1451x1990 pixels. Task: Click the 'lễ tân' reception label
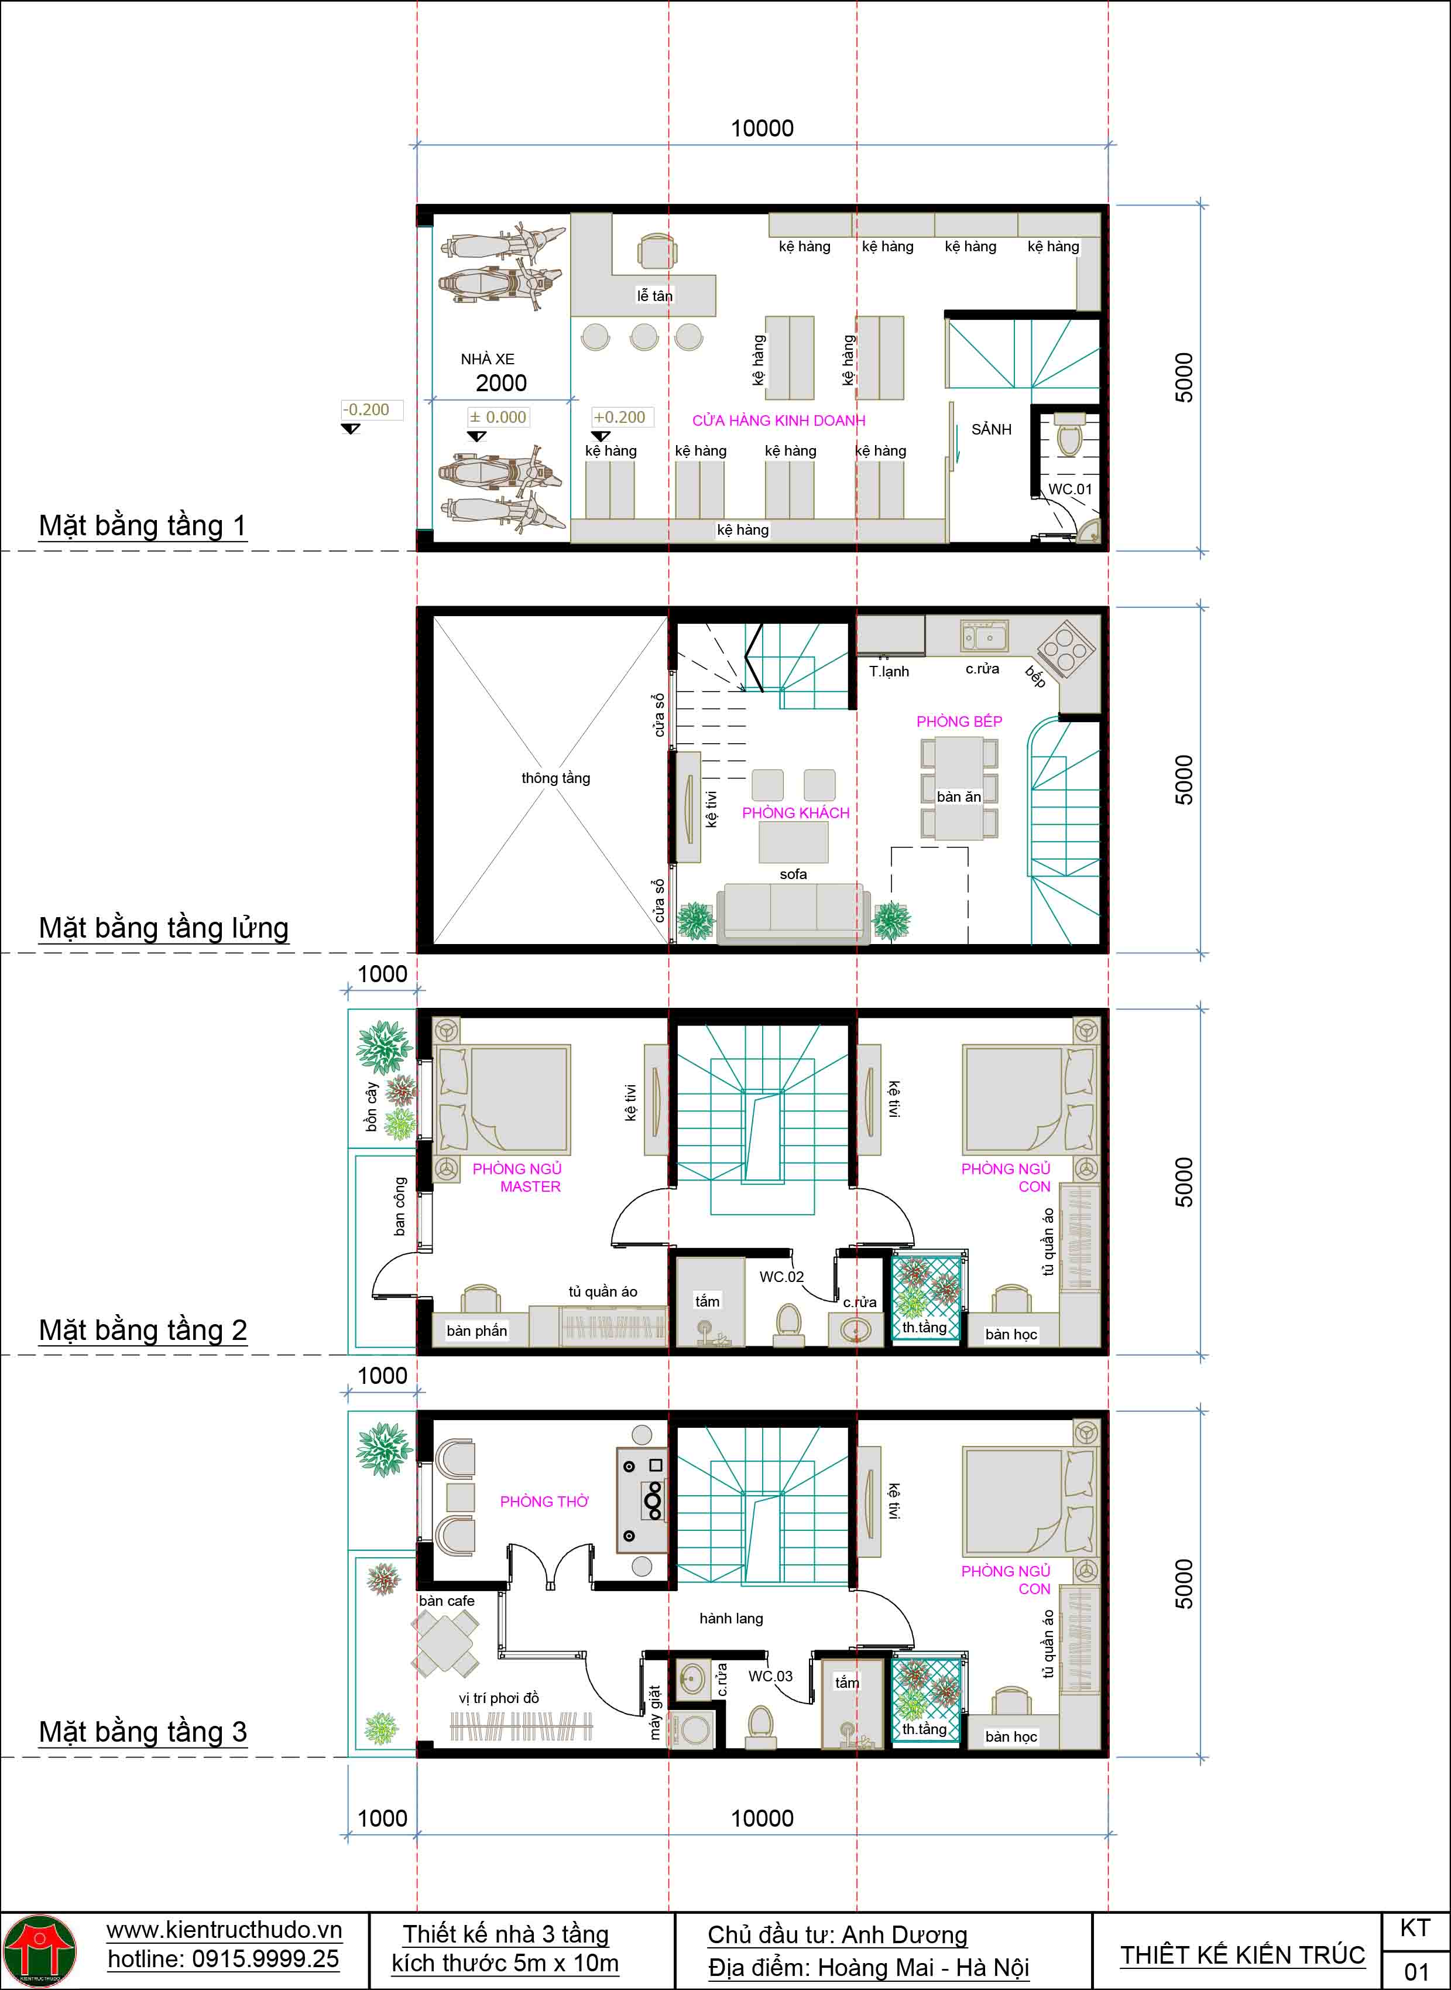[x=654, y=296]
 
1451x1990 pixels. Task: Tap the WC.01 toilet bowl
[x=1069, y=437]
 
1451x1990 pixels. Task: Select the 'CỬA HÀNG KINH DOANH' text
[x=778, y=421]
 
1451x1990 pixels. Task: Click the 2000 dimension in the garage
[x=500, y=383]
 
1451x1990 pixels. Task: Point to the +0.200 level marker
[x=619, y=418]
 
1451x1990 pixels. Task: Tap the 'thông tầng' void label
[x=555, y=778]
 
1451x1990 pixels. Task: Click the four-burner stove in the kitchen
[x=1065, y=650]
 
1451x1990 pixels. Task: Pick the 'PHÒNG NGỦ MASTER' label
[x=517, y=1177]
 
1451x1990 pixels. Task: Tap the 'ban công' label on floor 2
[x=400, y=1206]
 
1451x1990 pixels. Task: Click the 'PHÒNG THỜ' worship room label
[x=544, y=1502]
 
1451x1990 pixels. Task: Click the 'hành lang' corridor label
[x=731, y=1618]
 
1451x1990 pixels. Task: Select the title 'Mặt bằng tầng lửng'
[x=163, y=928]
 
